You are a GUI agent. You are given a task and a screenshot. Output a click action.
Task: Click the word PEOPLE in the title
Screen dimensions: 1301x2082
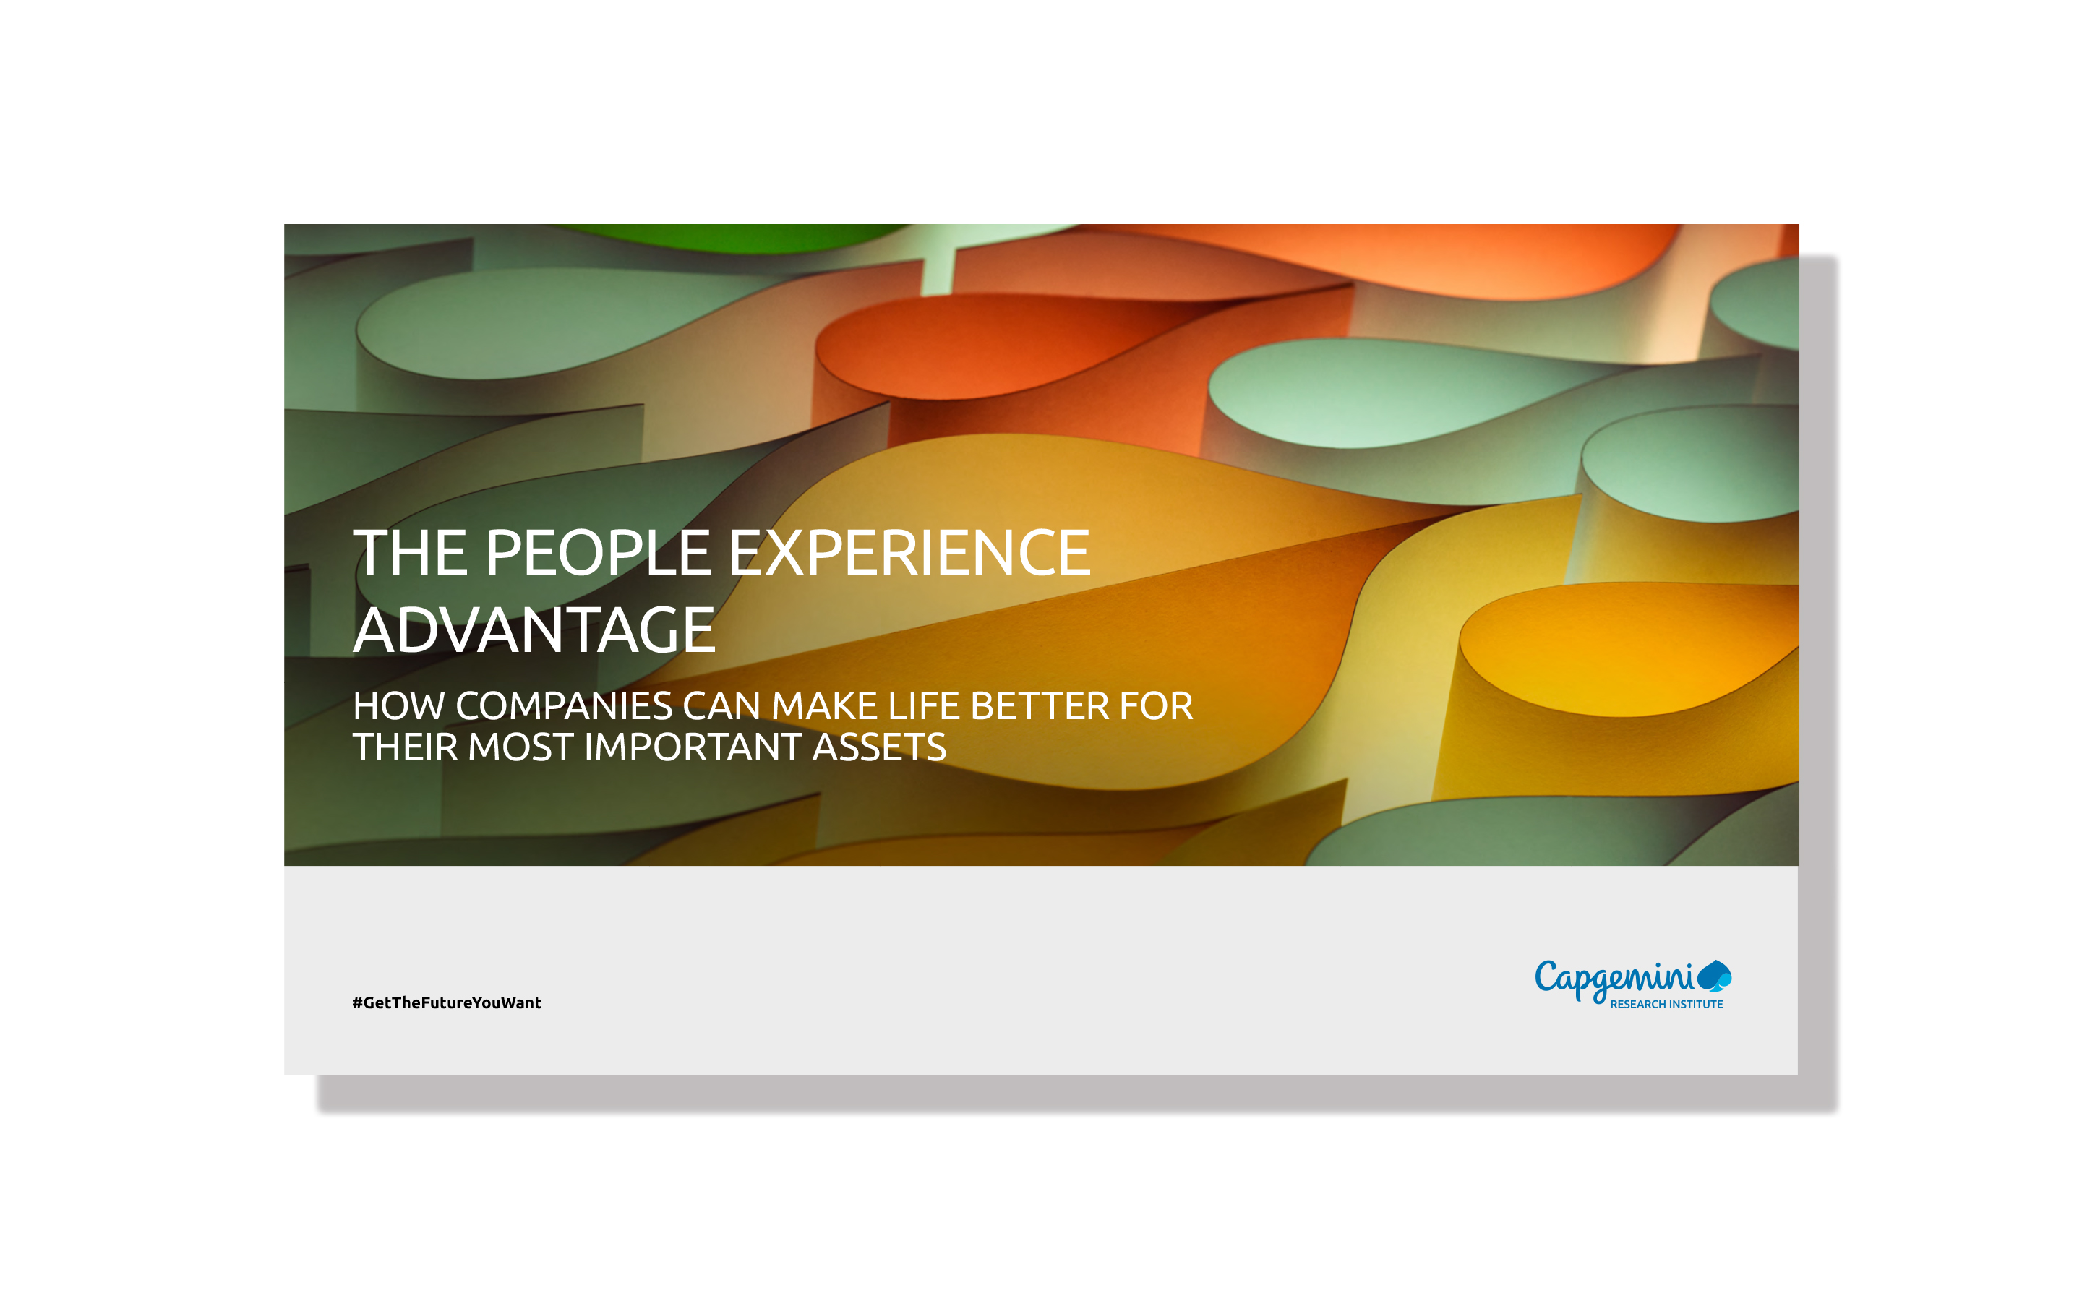tap(598, 552)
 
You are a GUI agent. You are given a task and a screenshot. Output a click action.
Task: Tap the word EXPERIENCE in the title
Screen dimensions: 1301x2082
tap(909, 552)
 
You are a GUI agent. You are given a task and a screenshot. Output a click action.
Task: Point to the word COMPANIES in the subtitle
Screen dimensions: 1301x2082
tap(564, 706)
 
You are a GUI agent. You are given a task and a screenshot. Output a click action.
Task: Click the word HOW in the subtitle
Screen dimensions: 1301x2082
tap(398, 706)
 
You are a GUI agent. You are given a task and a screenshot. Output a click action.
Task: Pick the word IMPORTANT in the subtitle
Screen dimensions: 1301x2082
tap(693, 747)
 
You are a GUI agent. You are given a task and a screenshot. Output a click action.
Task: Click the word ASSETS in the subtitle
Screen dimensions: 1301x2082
tap(878, 747)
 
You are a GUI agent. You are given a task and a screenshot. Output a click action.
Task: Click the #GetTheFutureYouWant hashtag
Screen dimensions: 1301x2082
tap(447, 1002)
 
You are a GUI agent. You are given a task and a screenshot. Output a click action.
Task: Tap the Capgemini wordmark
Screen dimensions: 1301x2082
tap(1613, 979)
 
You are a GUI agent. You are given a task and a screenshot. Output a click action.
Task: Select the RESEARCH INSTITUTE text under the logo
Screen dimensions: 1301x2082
tap(1666, 1004)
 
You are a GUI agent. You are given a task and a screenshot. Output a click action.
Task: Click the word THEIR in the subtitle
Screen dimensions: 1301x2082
tap(404, 747)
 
